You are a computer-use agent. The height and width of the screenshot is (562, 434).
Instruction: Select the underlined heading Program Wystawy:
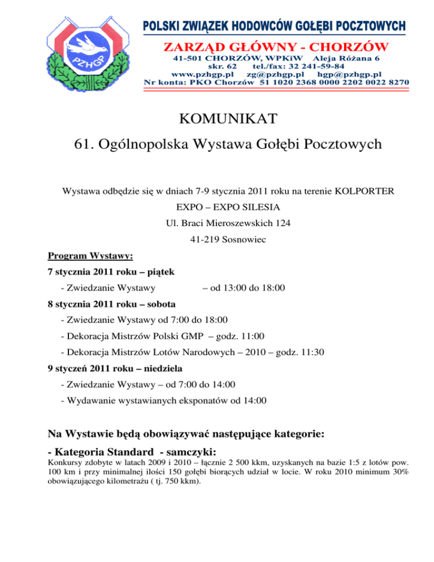(x=90, y=256)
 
